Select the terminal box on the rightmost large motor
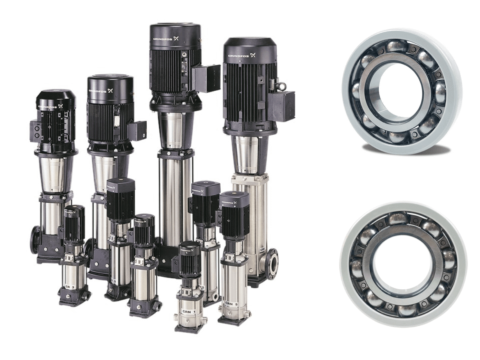click(283, 105)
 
